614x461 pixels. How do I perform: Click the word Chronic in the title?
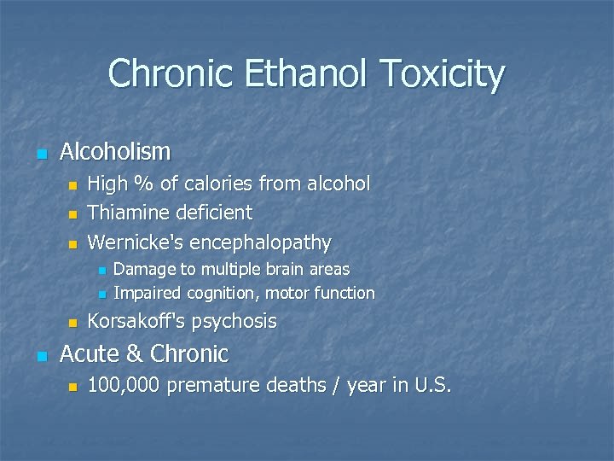[171, 74]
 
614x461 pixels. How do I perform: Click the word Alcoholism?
[115, 152]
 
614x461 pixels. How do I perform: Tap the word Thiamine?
[127, 213]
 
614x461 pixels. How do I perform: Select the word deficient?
[212, 213]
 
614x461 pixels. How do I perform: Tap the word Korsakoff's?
[136, 322]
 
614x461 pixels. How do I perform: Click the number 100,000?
[125, 386]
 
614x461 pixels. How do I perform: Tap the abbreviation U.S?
[432, 386]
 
